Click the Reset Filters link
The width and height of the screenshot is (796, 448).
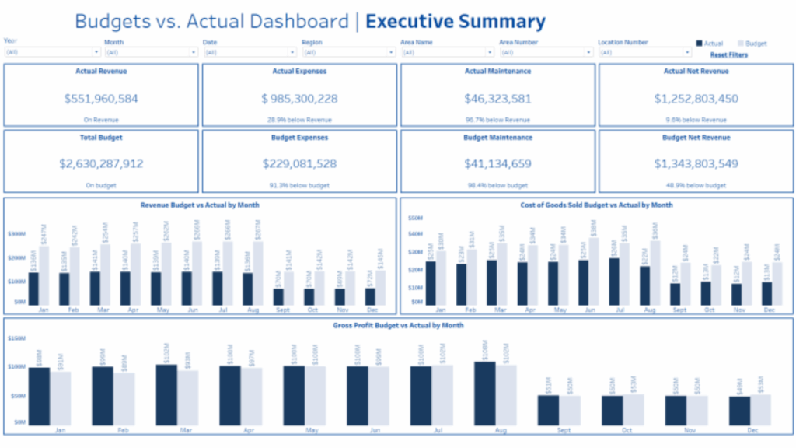pyautogui.click(x=729, y=54)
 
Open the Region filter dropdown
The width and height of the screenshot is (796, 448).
pyautogui.click(x=349, y=52)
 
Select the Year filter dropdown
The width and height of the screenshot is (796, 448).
pyautogui.click(x=52, y=52)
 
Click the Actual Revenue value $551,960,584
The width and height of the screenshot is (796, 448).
pyautogui.click(x=101, y=99)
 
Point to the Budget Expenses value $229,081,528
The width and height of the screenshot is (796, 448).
pyautogui.click(x=299, y=164)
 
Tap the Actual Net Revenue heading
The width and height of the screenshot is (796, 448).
pyautogui.click(x=696, y=72)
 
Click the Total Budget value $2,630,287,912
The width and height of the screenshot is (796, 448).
pyautogui.click(x=101, y=164)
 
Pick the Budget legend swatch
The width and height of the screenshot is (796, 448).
pyautogui.click(x=741, y=44)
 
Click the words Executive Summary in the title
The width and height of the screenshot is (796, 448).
pyautogui.click(x=455, y=22)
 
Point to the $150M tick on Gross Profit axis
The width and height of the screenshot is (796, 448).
pyautogui.click(x=16, y=338)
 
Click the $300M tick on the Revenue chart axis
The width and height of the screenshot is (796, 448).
pyautogui.click(x=16, y=233)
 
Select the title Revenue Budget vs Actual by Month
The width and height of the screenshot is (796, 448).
pyautogui.click(x=200, y=205)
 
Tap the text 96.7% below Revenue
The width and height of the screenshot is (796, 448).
pyautogui.click(x=497, y=120)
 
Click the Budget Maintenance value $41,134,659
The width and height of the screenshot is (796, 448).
pyautogui.click(x=497, y=164)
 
